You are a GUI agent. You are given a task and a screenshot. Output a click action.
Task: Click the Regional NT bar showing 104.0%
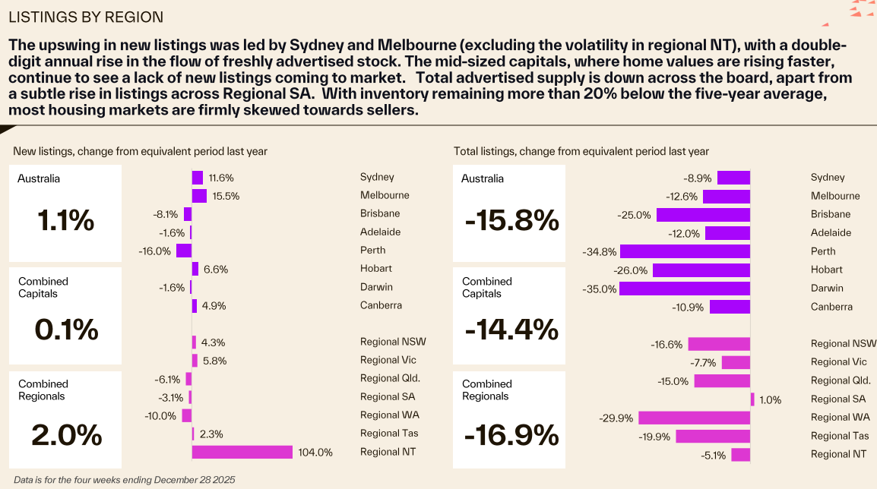(242, 452)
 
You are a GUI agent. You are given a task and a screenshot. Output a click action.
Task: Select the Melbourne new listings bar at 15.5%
(199, 196)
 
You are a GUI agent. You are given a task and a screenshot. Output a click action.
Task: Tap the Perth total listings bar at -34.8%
(685, 251)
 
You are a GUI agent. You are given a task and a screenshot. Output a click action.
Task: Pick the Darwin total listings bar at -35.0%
(685, 289)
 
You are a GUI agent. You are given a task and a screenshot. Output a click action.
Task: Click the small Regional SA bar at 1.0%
(752, 399)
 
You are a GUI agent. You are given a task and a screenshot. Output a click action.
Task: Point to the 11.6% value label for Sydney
(221, 178)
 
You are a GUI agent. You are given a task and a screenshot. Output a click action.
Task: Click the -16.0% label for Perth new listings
(157, 251)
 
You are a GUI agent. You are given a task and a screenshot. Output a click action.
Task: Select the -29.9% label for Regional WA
(617, 418)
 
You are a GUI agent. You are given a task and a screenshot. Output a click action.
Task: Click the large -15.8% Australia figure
(511, 221)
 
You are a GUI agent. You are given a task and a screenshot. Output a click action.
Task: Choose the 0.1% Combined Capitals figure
(66, 329)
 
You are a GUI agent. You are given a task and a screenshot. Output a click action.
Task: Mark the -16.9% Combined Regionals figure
(511, 435)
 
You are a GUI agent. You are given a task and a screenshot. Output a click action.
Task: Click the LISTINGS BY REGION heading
(85, 17)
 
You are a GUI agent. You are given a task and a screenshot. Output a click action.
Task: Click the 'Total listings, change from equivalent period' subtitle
(581, 151)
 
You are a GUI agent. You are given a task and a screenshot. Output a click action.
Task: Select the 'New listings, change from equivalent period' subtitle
(140, 151)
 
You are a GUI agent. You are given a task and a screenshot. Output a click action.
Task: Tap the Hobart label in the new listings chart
(376, 268)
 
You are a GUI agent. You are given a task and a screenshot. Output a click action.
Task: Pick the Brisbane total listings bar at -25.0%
(703, 215)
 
